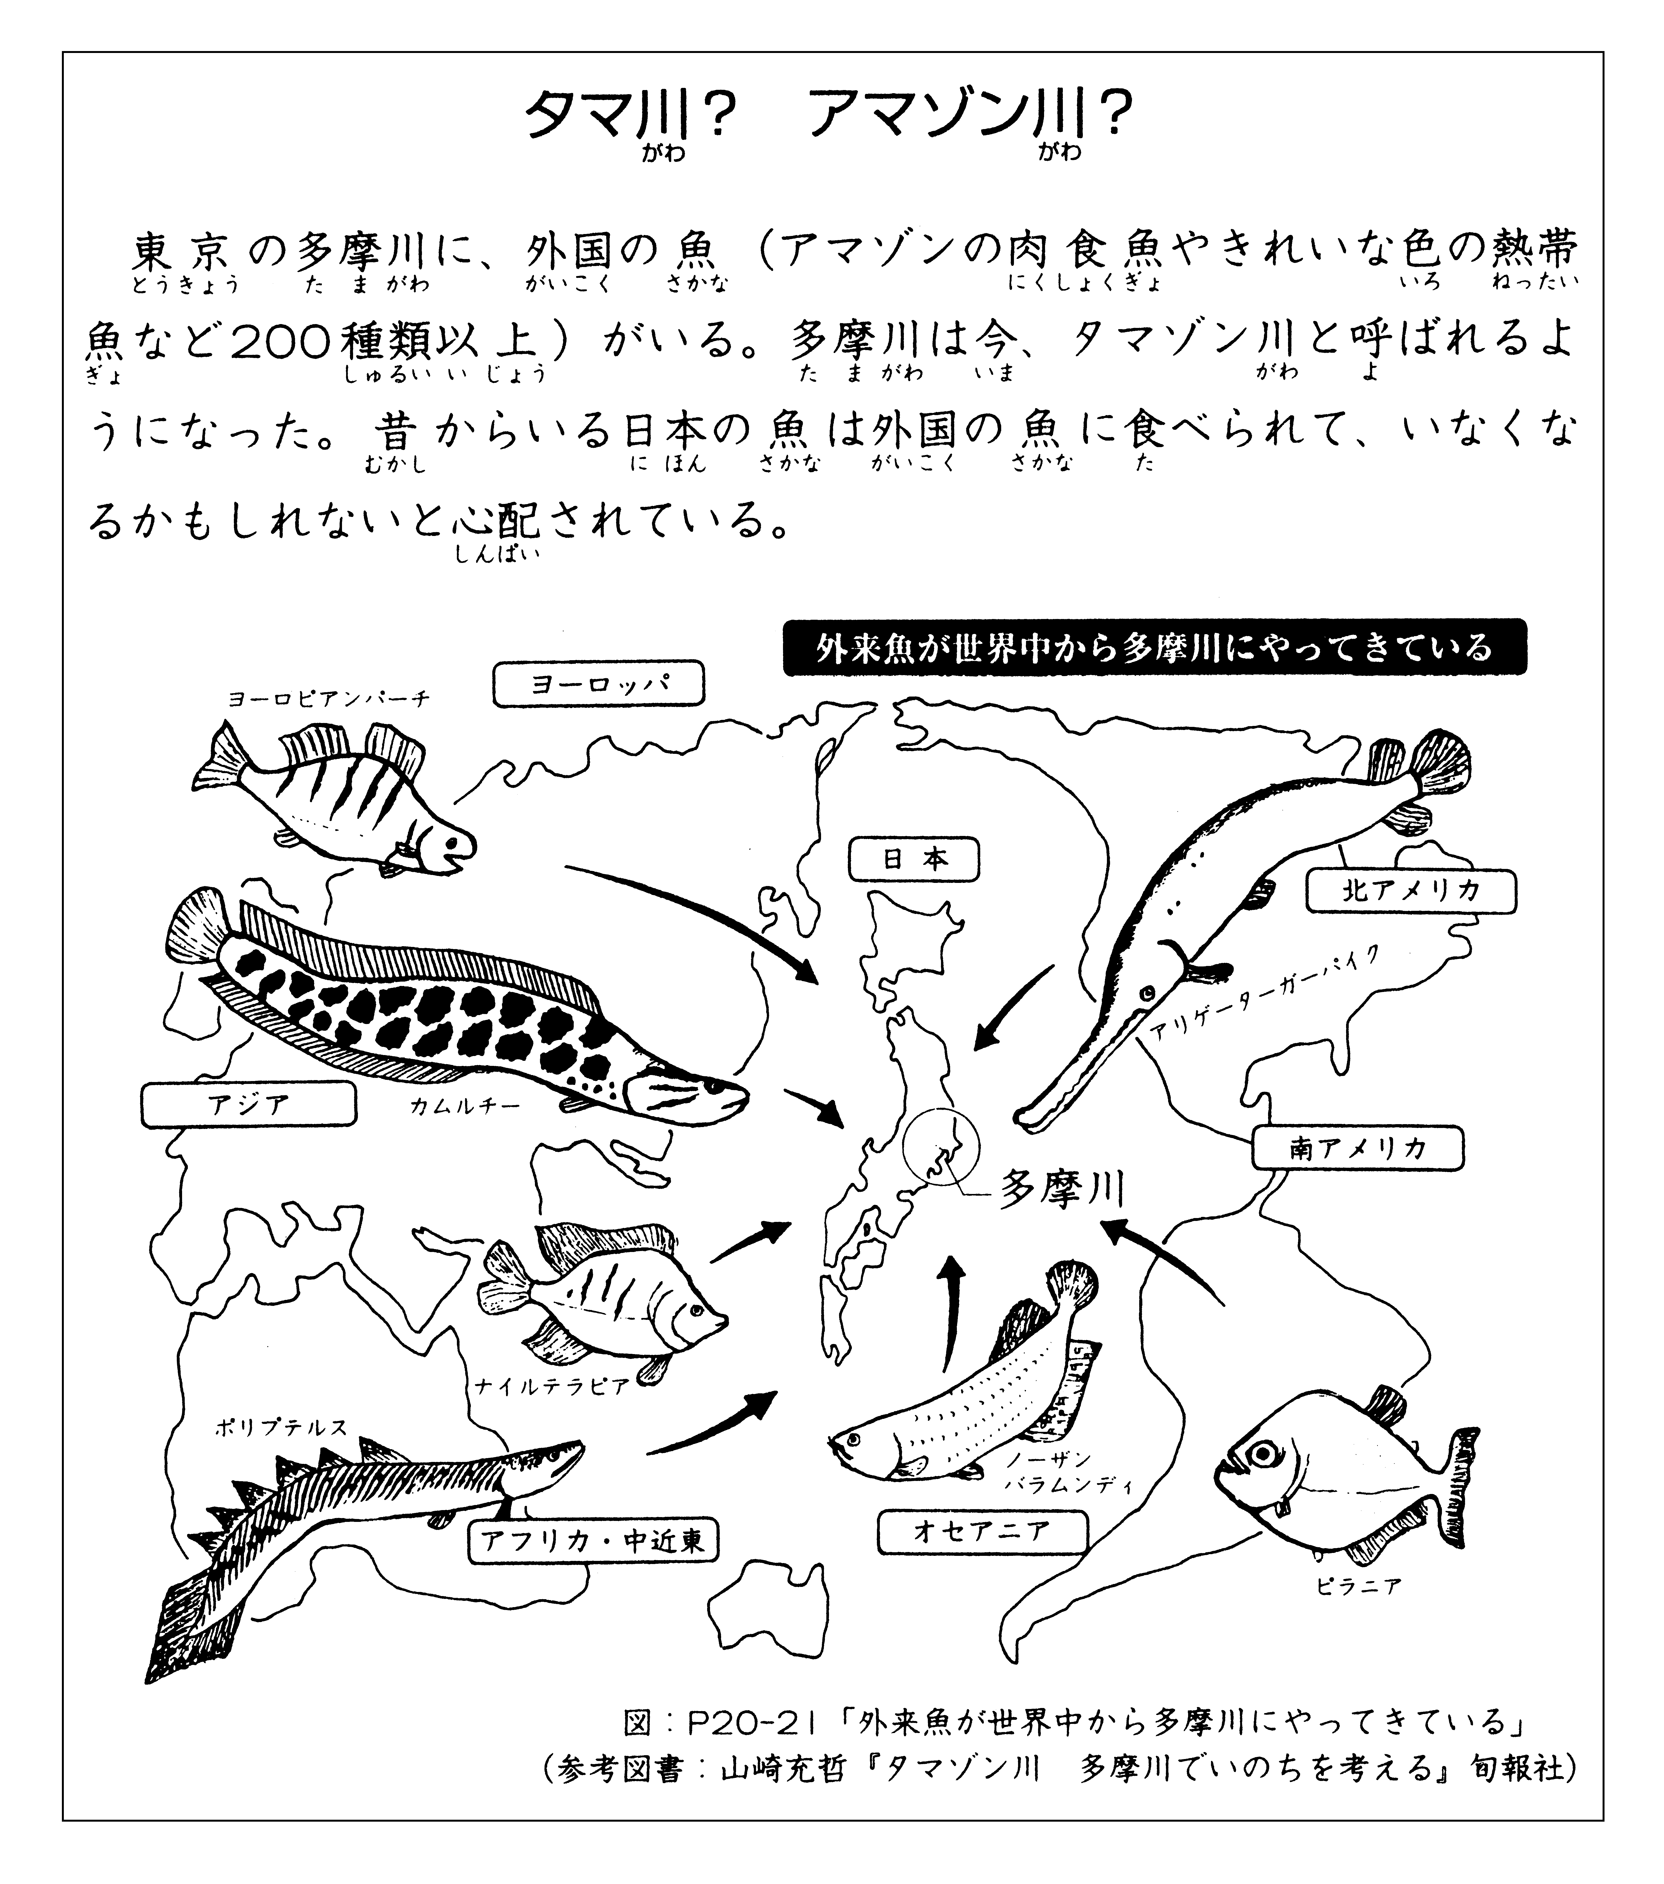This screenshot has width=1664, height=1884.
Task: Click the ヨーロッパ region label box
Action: point(598,684)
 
